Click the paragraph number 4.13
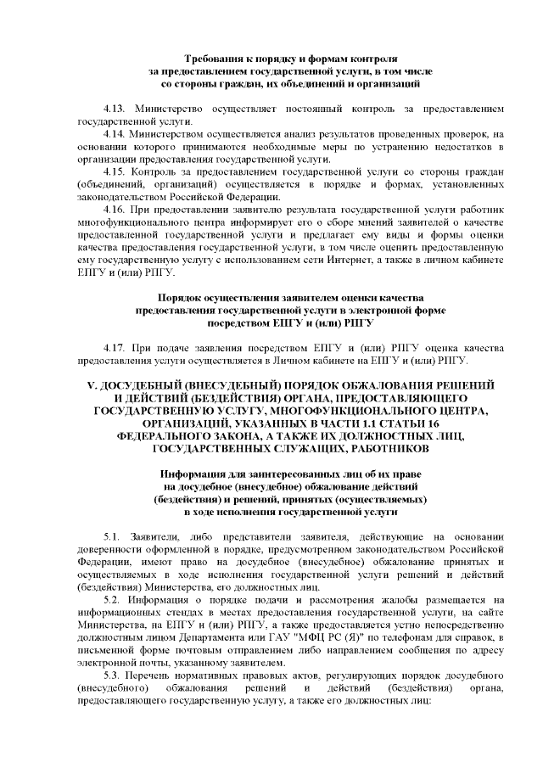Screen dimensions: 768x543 pyautogui.click(x=113, y=110)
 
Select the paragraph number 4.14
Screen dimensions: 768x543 pyautogui.click(x=113, y=134)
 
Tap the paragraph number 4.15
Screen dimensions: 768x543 pyautogui.click(x=113, y=171)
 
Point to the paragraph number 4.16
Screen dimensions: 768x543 pyautogui.click(x=113, y=207)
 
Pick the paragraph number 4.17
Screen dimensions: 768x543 pyautogui.click(x=113, y=348)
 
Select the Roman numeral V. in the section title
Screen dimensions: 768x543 pyautogui.click(x=94, y=385)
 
